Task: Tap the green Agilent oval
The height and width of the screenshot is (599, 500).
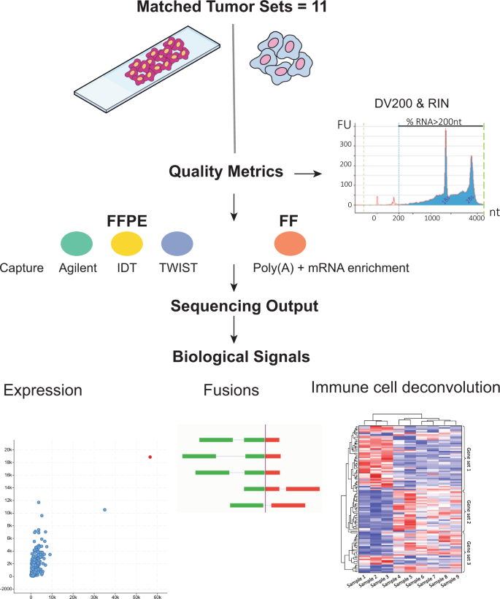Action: pos(75,242)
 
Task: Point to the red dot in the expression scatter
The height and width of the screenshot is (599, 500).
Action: pos(150,457)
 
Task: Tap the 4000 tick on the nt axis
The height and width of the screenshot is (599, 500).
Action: pos(476,217)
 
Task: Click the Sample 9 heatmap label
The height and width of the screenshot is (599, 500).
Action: pos(453,581)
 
